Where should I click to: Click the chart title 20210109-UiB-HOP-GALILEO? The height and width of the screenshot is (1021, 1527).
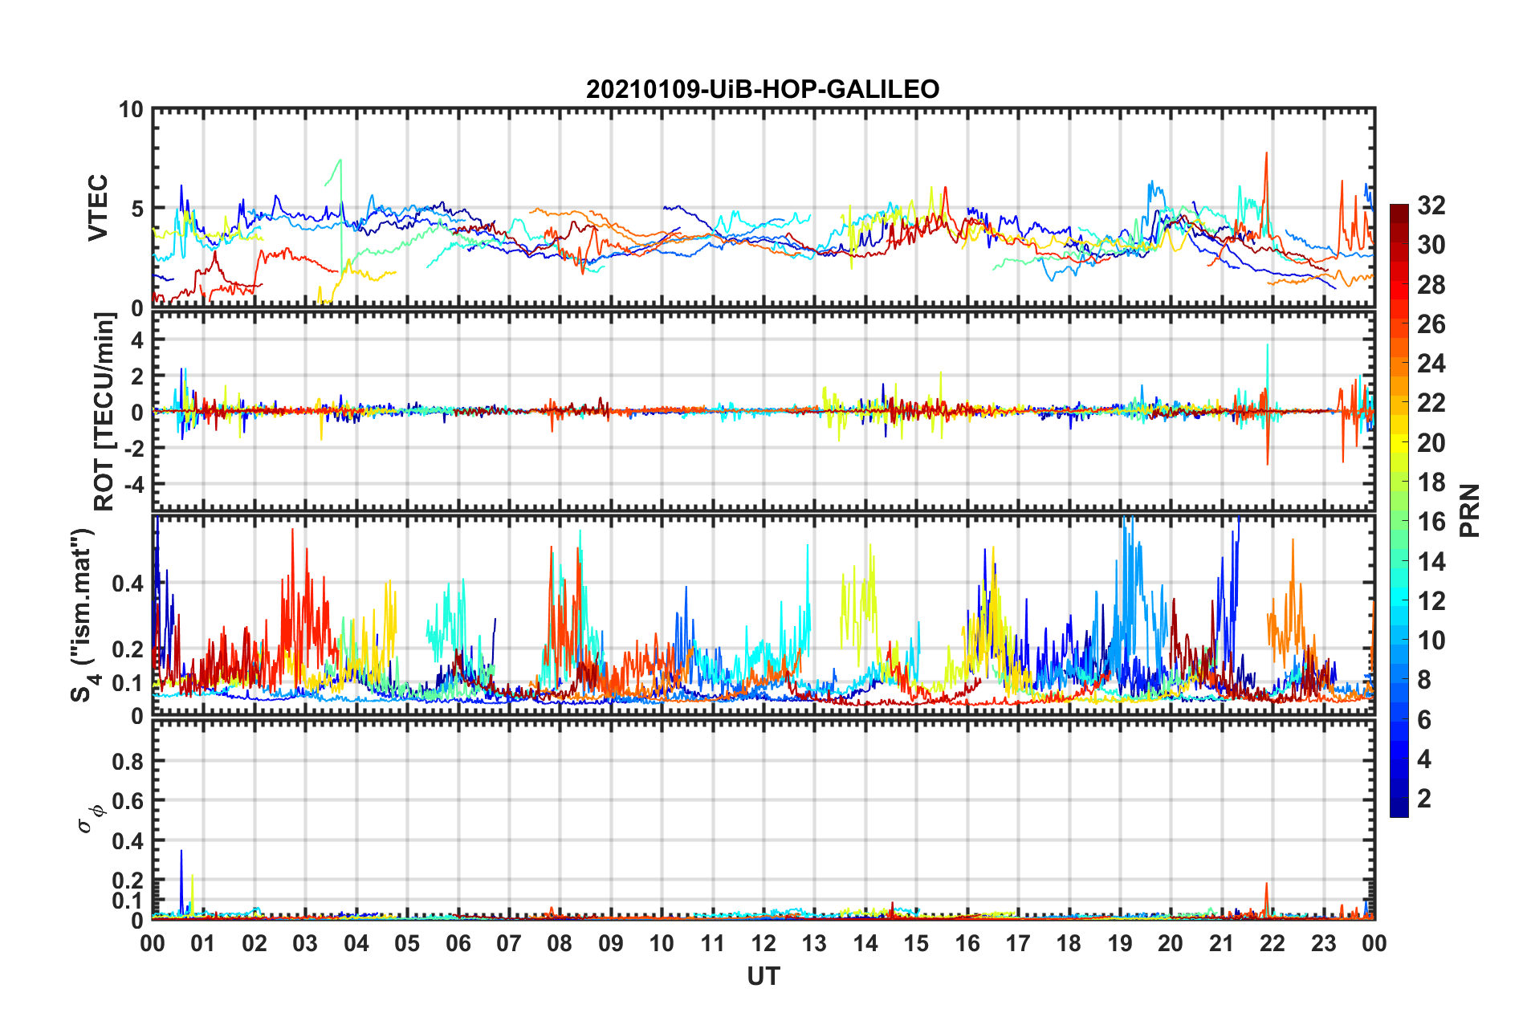763,89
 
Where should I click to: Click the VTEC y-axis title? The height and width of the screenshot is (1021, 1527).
98,208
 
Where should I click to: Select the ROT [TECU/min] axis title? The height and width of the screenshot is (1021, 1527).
104,412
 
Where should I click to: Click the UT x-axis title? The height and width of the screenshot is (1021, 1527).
763,976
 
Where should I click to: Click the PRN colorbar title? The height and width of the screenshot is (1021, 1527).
1469,510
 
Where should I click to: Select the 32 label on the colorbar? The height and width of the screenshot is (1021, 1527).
1431,205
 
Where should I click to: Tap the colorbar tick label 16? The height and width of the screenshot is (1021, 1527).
1431,522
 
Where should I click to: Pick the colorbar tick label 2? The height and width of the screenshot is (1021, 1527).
1424,799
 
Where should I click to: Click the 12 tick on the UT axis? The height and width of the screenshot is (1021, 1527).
763,943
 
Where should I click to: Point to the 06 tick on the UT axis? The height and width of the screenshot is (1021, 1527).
458,943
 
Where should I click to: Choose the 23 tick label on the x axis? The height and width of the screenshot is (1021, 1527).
1323,943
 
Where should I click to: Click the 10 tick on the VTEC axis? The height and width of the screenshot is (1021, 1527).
131,110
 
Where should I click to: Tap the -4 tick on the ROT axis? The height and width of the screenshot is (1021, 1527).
133,485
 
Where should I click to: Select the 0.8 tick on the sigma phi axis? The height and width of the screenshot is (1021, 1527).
128,761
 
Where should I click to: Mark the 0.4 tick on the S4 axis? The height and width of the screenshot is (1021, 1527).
128,584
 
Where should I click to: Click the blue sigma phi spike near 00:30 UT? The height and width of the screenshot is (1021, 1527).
181,852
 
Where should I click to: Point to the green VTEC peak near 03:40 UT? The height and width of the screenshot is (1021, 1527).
340,161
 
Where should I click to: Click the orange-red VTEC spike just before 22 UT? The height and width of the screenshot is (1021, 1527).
1266,154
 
